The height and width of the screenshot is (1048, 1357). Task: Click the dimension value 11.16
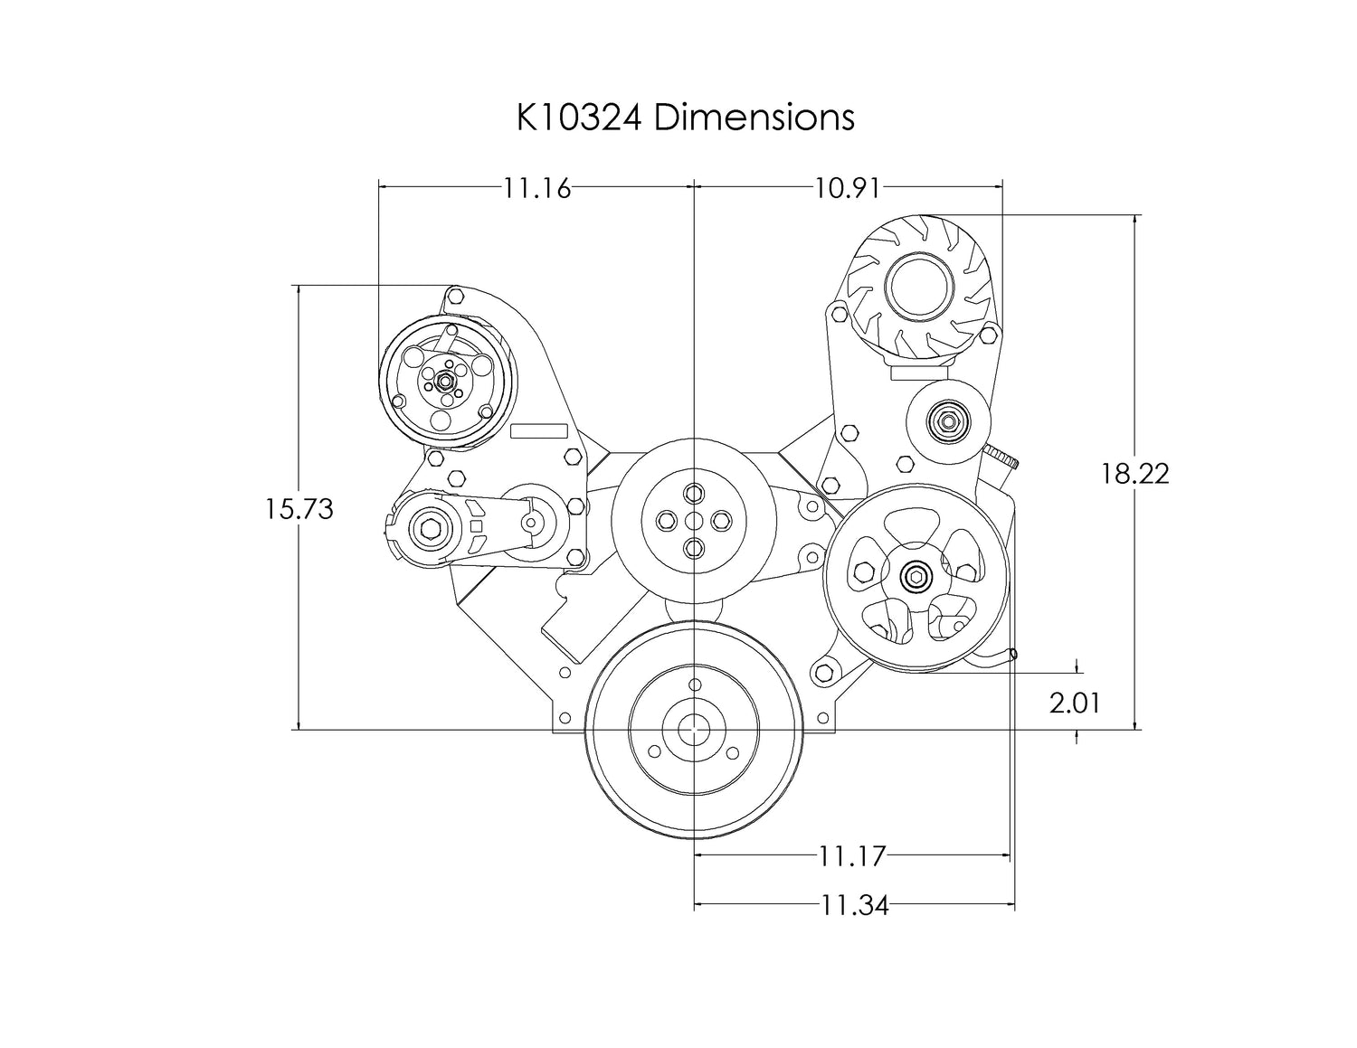[537, 188]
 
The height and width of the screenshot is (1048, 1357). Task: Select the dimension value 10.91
[848, 188]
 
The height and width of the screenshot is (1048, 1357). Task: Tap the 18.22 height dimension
[1134, 475]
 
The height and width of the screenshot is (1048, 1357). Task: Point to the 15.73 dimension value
[299, 509]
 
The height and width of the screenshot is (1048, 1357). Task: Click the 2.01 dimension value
[1074, 703]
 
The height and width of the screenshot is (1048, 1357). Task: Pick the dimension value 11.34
[854, 906]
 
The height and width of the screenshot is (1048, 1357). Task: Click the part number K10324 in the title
[579, 118]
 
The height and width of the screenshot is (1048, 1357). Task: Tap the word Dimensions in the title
[754, 118]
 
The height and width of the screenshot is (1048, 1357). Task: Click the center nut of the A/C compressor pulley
[446, 380]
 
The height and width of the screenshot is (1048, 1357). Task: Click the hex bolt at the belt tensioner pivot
[430, 529]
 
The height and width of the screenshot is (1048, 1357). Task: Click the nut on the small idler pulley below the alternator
[948, 422]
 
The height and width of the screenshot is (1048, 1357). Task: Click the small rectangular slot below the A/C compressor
[539, 430]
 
